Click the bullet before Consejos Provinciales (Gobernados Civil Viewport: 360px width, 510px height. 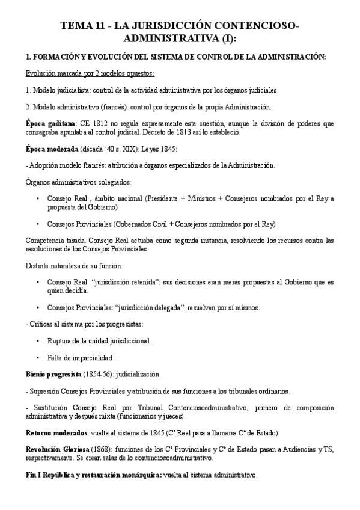click(x=38, y=224)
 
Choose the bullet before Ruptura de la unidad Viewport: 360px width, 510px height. click(x=38, y=341)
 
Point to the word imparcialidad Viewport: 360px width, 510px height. click(x=94, y=357)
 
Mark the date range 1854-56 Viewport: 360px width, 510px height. click(x=97, y=374)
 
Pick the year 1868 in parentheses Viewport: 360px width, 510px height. click(x=103, y=449)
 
